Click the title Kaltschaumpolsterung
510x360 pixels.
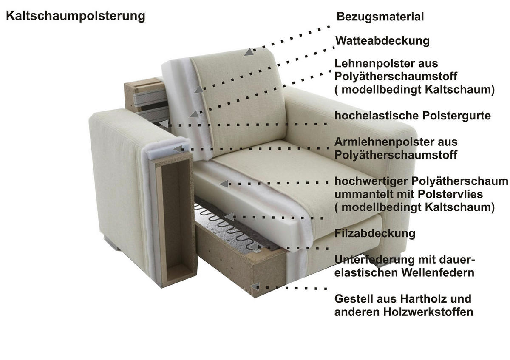(75, 16)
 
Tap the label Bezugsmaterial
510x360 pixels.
(380, 17)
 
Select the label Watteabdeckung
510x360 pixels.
(382, 41)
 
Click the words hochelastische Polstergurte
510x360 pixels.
(413, 116)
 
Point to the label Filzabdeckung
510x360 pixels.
(375, 233)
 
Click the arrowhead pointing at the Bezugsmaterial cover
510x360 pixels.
(248, 52)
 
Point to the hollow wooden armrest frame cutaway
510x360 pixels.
(174, 221)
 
